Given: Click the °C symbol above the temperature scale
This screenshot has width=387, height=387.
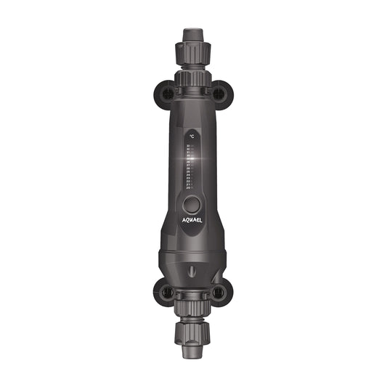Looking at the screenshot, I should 192,136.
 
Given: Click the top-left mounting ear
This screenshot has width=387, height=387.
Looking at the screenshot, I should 166,93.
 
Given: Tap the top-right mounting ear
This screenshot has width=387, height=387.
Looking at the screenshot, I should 219,93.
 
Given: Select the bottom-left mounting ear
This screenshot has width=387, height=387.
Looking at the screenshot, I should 166,293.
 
